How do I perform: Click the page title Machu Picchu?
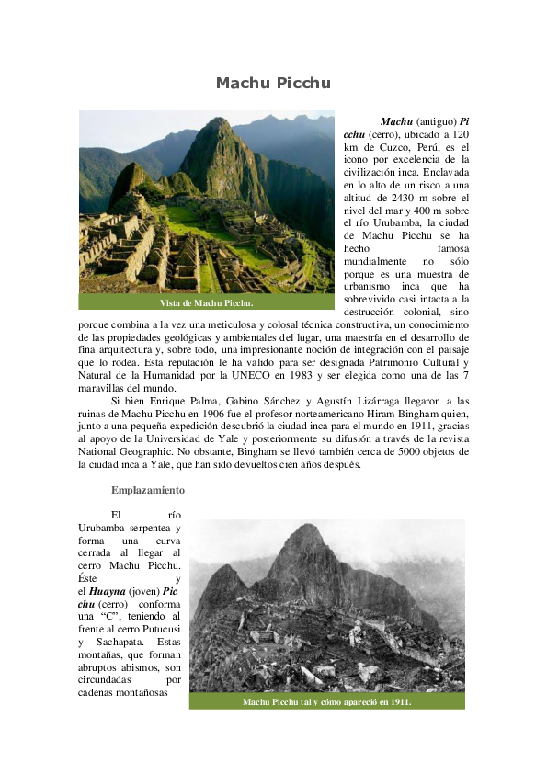pyautogui.click(x=273, y=84)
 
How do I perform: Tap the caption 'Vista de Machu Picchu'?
pyautogui.click(x=207, y=302)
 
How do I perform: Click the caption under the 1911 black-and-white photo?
pyautogui.click(x=326, y=701)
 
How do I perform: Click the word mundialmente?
pyautogui.click(x=379, y=262)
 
